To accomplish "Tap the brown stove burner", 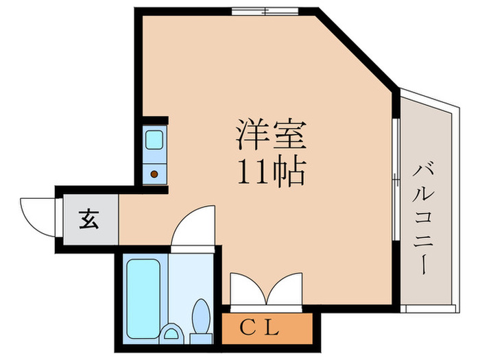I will (x=154, y=173).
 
